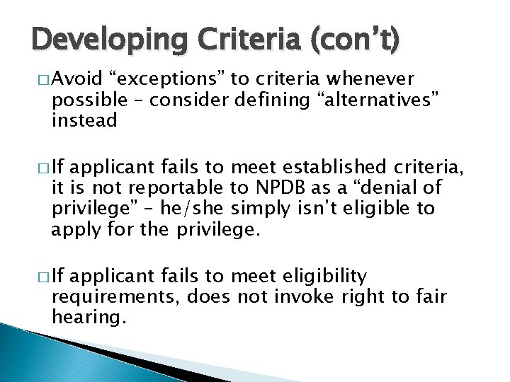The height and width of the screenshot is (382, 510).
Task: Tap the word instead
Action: [x=84, y=120]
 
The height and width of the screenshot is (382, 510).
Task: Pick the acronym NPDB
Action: [x=278, y=188]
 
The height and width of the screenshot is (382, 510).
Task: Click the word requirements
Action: [x=116, y=296]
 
